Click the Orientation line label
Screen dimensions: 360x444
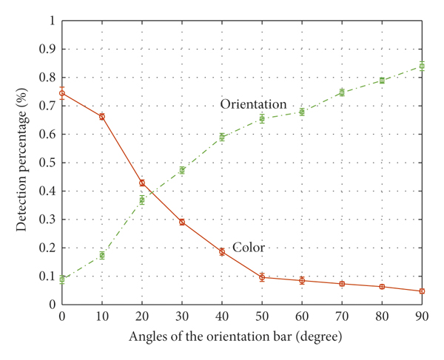pyautogui.click(x=253, y=105)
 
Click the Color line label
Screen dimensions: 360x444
pyautogui.click(x=249, y=248)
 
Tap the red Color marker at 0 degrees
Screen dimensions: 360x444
pyautogui.click(x=62, y=93)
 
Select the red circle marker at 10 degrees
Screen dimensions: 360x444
pyautogui.click(x=102, y=117)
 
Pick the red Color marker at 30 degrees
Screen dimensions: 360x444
pyautogui.click(x=182, y=222)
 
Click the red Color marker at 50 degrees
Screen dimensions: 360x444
pyautogui.click(x=262, y=277)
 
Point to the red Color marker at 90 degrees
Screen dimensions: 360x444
pyautogui.click(x=422, y=291)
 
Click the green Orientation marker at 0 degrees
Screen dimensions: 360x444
pyautogui.click(x=62, y=279)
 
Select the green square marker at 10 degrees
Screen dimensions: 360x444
pyautogui.click(x=102, y=255)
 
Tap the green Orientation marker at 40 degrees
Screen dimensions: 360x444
pyautogui.click(x=222, y=137)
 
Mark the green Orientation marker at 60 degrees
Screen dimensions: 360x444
pyautogui.click(x=302, y=112)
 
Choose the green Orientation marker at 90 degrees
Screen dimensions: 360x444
pyautogui.click(x=422, y=66)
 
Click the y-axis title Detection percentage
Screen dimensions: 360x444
pyautogui.click(x=22, y=162)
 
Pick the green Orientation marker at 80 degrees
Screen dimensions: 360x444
pyautogui.click(x=382, y=80)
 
